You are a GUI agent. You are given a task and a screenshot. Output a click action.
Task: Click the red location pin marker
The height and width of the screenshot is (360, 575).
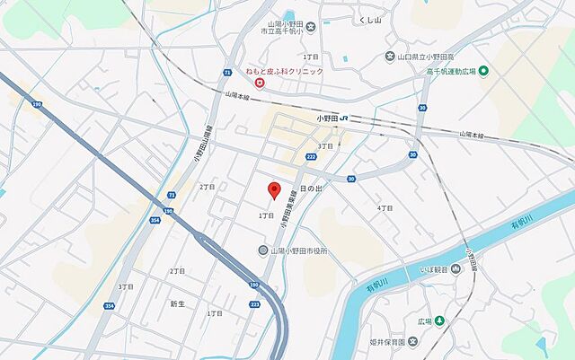click(x=275, y=190)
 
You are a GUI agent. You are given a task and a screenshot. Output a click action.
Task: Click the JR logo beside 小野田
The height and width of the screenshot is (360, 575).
click(x=344, y=118)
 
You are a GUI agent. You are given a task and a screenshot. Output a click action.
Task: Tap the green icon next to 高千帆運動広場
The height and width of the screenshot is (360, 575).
click(x=483, y=71)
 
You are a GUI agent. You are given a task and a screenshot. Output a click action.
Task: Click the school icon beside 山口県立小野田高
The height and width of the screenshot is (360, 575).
click(x=388, y=56)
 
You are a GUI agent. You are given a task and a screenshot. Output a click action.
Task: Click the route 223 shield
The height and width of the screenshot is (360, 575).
click(x=255, y=304)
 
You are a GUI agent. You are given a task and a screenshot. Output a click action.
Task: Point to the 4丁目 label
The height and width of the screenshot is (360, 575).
click(x=385, y=207)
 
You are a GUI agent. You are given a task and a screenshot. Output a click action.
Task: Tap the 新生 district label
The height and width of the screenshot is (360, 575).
click(x=177, y=303)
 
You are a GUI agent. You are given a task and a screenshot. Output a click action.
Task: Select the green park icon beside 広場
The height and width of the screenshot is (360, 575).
click(x=439, y=320)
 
